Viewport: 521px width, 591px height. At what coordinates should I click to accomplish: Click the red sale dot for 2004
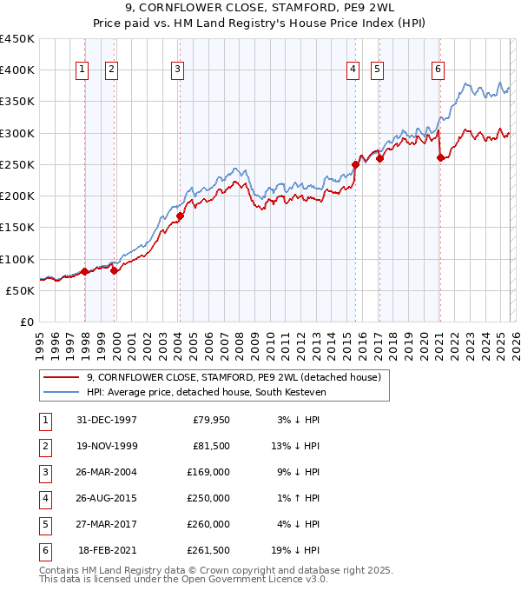tap(180, 216)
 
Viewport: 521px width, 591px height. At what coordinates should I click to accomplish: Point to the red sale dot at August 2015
tap(355, 164)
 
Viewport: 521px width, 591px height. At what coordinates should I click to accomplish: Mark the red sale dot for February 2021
tap(440, 157)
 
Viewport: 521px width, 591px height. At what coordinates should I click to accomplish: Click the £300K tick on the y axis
tap(17, 133)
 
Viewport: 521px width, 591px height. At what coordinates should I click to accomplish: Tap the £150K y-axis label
tap(17, 227)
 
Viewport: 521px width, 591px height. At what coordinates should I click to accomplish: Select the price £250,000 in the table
tap(209, 499)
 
